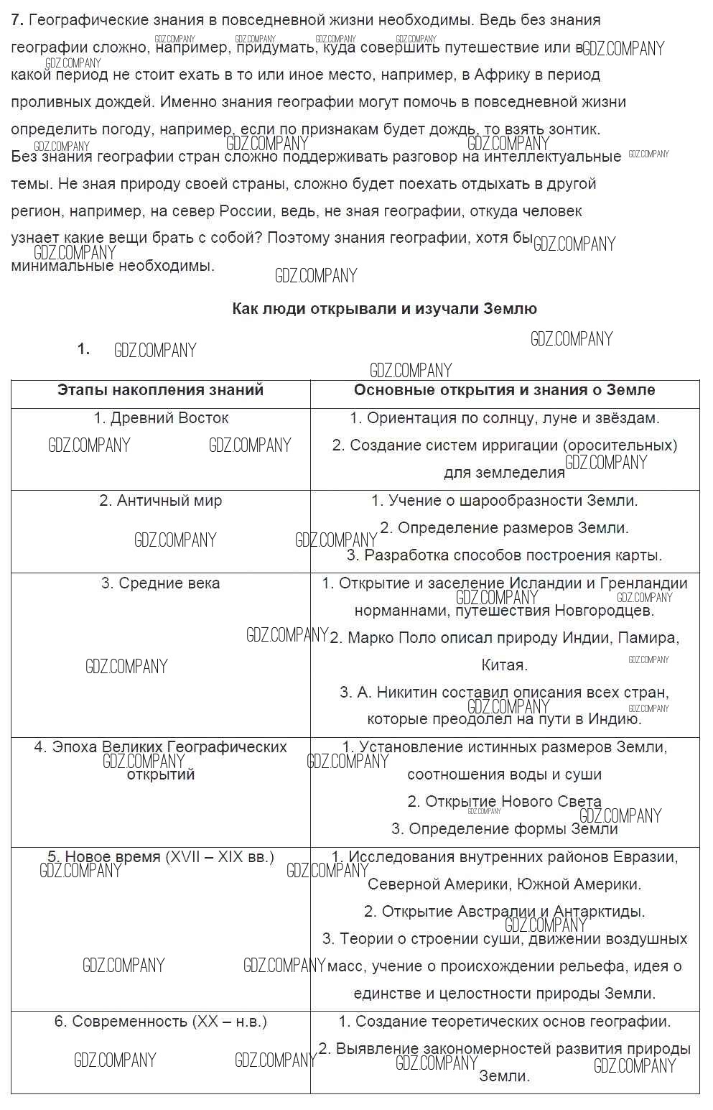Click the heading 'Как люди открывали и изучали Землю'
pos(384,309)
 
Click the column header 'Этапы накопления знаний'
pos(161,390)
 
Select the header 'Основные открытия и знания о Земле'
pos(504,390)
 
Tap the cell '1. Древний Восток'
pos(161,418)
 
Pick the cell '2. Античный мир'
pos(161,501)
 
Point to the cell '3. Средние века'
pos(161,583)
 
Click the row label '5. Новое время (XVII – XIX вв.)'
pos(161,857)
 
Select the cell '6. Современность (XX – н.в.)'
pos(161,1022)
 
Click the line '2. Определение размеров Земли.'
pos(504,528)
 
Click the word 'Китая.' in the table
pos(504,665)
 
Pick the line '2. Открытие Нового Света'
pos(504,802)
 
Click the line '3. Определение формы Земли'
pos(504,829)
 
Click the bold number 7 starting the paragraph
pos(17,20)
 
